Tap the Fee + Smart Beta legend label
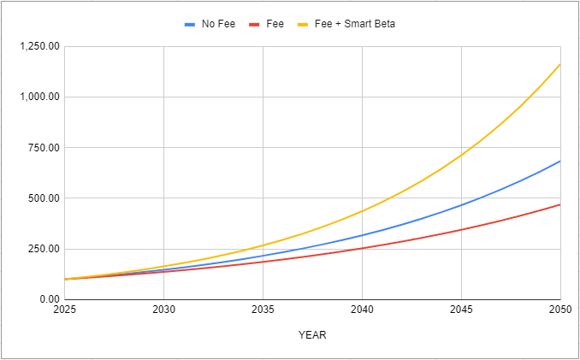click(x=358, y=24)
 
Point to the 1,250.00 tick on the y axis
click(x=38, y=46)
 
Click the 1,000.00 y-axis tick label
click(x=38, y=97)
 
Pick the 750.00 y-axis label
click(x=43, y=148)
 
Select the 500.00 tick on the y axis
click(x=43, y=198)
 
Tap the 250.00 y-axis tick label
click(x=43, y=249)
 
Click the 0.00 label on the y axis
click(x=48, y=299)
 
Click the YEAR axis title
click(x=312, y=335)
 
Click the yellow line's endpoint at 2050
click(x=559, y=63)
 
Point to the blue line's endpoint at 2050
click(x=559, y=161)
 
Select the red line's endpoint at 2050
click(x=559, y=204)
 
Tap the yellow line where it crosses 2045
click(x=461, y=155)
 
